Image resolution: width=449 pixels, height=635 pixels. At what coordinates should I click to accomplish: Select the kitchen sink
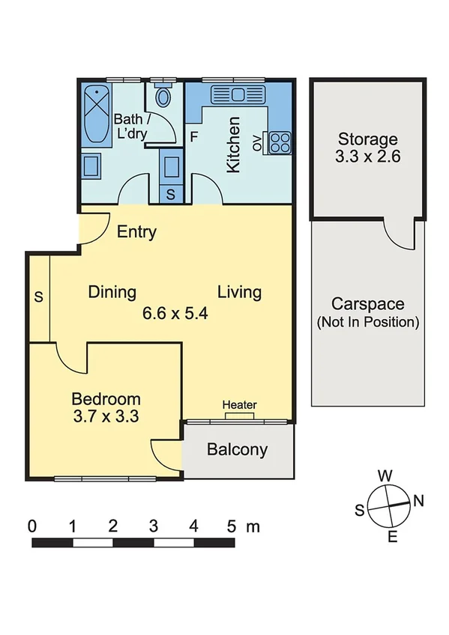click(x=238, y=95)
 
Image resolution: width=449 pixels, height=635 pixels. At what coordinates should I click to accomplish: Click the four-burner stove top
click(x=280, y=142)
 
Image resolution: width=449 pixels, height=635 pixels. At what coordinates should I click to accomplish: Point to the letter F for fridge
click(x=194, y=137)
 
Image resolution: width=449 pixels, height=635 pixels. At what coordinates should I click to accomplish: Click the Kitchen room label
click(x=233, y=145)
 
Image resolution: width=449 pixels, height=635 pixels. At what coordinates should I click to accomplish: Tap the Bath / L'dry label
click(x=130, y=126)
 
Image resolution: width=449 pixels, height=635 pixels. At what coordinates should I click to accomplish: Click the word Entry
click(x=136, y=232)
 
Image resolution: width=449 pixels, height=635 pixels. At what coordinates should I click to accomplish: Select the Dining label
click(x=112, y=292)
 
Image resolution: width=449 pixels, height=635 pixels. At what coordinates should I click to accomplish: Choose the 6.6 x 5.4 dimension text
click(x=175, y=313)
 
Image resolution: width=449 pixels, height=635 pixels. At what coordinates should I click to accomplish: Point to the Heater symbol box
click(x=240, y=416)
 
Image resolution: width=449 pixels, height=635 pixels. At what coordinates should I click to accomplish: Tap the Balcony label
click(x=238, y=449)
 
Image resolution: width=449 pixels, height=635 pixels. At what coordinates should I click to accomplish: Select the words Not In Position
click(x=367, y=322)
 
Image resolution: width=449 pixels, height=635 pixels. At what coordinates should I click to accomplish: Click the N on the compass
click(x=418, y=501)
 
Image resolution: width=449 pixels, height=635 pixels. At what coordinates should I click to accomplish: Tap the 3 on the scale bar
click(x=153, y=526)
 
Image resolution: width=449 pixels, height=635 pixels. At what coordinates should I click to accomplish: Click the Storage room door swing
click(x=399, y=235)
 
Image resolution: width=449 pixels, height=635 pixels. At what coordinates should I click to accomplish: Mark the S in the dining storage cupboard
click(x=38, y=297)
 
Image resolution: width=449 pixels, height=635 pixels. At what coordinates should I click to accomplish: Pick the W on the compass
click(x=385, y=476)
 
